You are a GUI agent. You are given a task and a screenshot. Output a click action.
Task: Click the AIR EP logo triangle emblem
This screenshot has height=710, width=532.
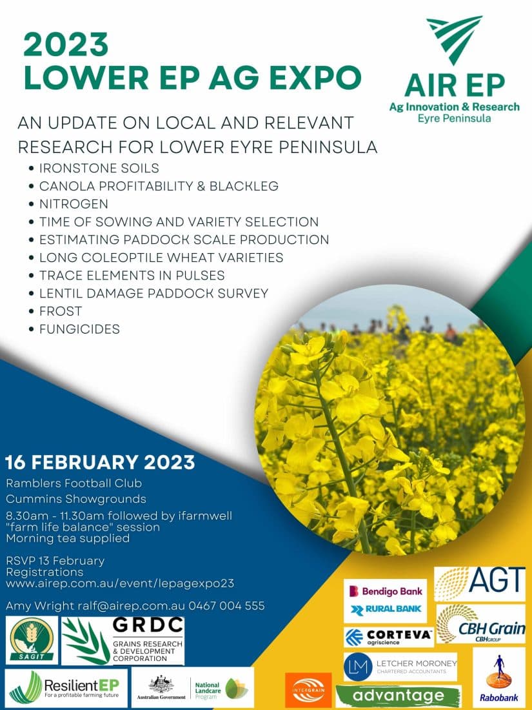[x=455, y=39]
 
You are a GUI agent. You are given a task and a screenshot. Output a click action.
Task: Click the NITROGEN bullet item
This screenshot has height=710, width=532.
[x=74, y=204]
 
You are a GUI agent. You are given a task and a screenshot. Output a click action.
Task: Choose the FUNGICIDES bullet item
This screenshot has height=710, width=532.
[x=79, y=329]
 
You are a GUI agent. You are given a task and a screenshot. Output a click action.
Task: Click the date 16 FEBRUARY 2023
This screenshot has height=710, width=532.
[x=100, y=463]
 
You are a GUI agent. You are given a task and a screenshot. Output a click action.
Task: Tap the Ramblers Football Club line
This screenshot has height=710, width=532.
[x=74, y=483]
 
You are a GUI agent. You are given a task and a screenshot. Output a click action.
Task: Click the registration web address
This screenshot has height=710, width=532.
[x=120, y=583]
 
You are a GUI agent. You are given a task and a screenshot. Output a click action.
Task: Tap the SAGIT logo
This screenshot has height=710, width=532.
[x=32, y=640]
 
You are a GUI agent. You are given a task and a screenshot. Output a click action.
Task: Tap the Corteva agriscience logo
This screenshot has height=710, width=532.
[x=388, y=636]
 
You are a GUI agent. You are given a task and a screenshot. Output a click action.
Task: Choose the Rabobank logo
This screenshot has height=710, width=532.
[x=499, y=677]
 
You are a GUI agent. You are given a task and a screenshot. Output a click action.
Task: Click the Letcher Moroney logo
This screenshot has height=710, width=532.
[x=400, y=666]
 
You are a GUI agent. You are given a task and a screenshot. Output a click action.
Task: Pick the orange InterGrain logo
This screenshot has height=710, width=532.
[x=308, y=690]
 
